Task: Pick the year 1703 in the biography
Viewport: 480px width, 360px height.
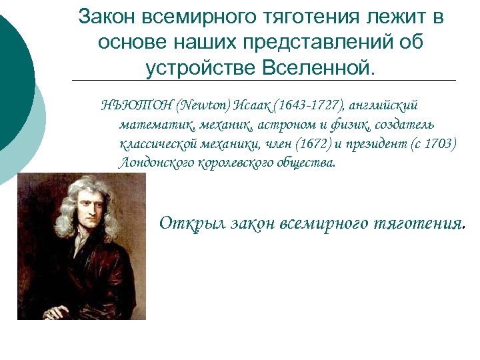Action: pos(440,143)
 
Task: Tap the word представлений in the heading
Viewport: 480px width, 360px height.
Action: pos(297,41)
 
